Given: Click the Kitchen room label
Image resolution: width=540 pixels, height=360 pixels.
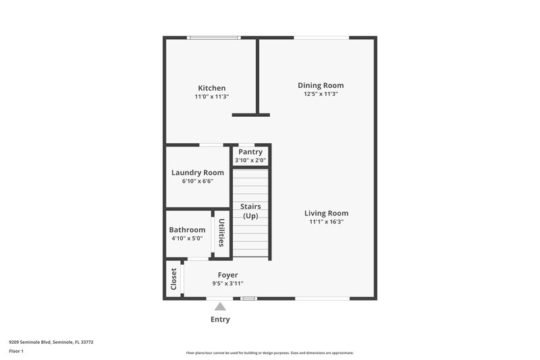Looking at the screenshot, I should [211, 88].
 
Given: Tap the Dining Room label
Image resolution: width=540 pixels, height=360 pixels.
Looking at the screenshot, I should [321, 85].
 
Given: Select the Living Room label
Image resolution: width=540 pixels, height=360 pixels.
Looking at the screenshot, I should [326, 213].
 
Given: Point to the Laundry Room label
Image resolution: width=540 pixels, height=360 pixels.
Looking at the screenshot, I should [197, 172].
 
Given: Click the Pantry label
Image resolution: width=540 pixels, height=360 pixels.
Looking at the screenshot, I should [250, 152].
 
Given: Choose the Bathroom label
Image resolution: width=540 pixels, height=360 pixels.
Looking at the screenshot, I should [187, 230].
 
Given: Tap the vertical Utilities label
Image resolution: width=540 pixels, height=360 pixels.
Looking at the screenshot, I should [221, 232].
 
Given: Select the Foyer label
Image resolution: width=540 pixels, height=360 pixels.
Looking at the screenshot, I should [227, 275].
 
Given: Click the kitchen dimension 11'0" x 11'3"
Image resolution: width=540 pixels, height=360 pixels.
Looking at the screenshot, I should [211, 97].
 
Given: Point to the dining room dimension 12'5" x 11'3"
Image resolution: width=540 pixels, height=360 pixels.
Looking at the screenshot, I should [321, 94].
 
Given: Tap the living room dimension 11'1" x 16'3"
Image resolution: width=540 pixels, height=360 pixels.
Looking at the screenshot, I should [326, 222].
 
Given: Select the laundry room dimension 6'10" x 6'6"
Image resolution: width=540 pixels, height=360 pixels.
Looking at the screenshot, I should [197, 181].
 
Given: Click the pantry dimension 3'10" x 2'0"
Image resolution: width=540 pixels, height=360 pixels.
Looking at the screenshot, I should [250, 160].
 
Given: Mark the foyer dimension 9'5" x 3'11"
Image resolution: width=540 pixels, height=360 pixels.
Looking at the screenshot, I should [227, 284].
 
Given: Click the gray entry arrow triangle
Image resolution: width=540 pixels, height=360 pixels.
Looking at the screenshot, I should [220, 307].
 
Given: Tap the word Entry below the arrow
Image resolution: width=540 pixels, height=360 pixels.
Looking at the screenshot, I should [220, 319].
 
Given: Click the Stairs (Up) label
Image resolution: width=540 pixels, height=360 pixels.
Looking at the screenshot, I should [250, 211].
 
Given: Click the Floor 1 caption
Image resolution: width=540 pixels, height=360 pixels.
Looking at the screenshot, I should [16, 351].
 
